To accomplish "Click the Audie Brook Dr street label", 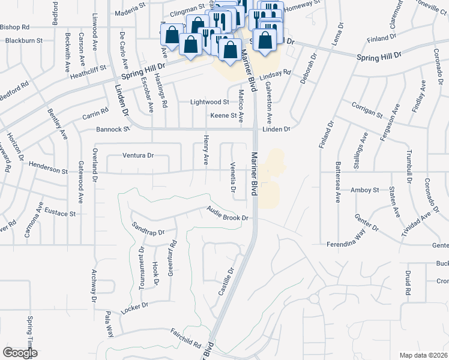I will [228, 214].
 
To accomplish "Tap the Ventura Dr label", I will [138, 155].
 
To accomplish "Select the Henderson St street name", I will [47, 170].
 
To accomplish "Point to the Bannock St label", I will [113, 129].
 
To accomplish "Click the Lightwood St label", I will [209, 103].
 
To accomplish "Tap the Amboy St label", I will [365, 190].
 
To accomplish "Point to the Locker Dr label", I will [134, 307].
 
